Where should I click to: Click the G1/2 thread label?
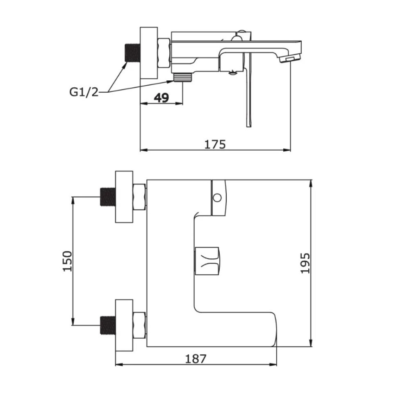(x=84, y=92)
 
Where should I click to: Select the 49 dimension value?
(x=161, y=98)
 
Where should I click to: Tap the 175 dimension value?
(x=215, y=144)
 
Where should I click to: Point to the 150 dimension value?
(x=67, y=261)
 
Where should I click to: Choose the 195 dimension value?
(x=305, y=263)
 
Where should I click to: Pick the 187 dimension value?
(x=196, y=359)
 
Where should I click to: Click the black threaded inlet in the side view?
(x=133, y=52)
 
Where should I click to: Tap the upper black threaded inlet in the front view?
(x=108, y=197)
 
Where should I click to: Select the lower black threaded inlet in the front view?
(x=108, y=325)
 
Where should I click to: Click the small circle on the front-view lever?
(x=217, y=198)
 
